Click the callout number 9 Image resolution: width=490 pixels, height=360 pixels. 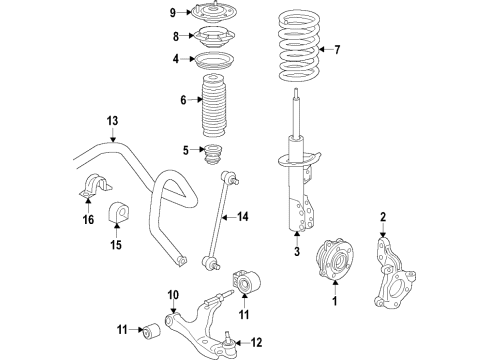171,13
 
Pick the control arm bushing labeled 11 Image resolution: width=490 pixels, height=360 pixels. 156,329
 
